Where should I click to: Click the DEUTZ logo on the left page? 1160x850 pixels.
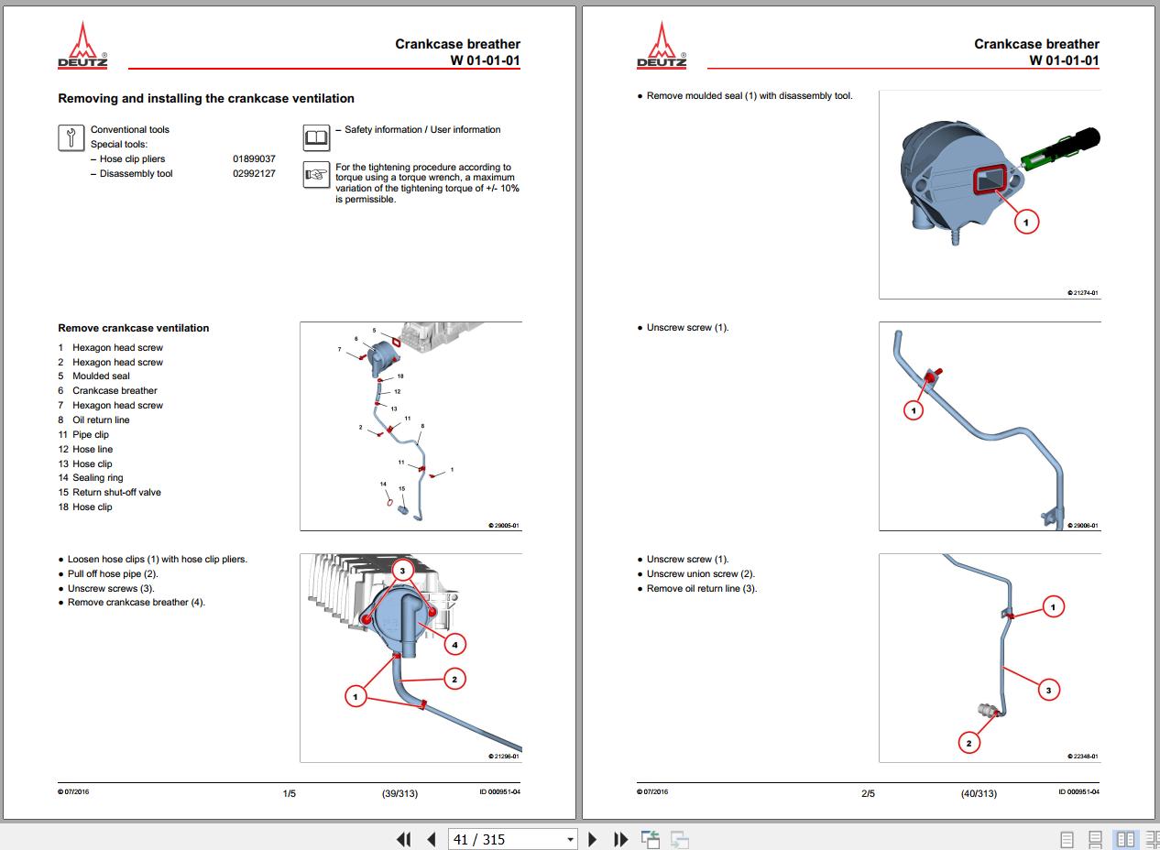[x=82, y=46]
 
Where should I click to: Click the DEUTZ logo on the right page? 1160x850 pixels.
[x=662, y=46]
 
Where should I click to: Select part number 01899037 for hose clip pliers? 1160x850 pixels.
[x=254, y=159]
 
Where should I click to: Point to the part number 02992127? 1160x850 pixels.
[x=254, y=173]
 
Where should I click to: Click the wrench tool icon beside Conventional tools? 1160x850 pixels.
[x=71, y=137]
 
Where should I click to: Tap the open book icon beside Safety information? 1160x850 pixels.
[x=316, y=137]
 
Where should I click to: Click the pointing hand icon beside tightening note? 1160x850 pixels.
[x=316, y=174]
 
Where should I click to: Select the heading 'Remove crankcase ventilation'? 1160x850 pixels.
[x=134, y=328]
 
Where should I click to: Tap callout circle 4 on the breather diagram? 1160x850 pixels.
[x=454, y=645]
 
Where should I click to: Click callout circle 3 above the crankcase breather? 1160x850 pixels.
[x=402, y=571]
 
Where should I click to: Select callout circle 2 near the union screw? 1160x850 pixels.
[x=968, y=744]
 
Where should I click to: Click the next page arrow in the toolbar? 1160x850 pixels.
[x=592, y=839]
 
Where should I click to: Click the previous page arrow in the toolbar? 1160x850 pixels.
[x=432, y=839]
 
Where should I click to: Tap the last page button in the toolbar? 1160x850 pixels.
[x=620, y=839]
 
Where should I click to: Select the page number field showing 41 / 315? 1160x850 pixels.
[x=511, y=839]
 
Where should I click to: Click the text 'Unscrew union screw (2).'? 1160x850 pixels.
[x=701, y=573]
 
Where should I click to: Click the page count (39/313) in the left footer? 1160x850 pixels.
[x=399, y=793]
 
